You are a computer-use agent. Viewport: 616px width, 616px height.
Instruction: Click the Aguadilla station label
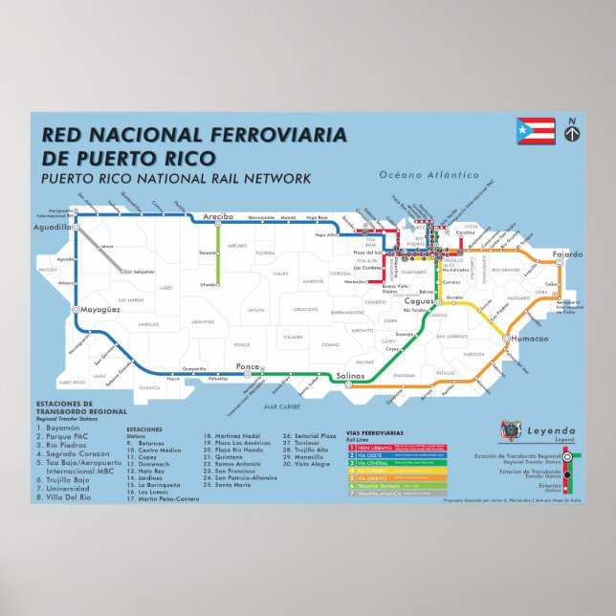[52, 228]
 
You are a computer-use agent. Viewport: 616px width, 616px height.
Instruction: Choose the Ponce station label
[248, 365]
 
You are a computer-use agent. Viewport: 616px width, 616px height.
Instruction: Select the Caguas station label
[419, 301]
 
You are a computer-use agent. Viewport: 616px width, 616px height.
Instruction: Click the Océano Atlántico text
[429, 175]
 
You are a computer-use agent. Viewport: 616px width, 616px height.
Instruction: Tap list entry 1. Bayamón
[61, 427]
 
